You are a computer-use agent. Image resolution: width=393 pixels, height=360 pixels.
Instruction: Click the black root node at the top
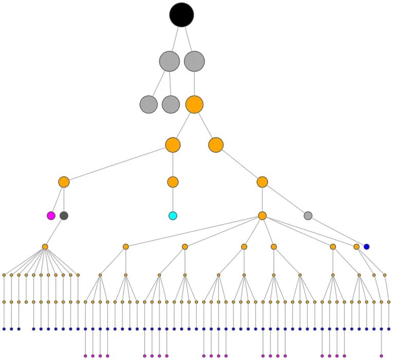(x=181, y=15)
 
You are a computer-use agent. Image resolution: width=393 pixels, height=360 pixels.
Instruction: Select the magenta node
(x=51, y=215)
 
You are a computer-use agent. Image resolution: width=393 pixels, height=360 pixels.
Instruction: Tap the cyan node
(x=173, y=215)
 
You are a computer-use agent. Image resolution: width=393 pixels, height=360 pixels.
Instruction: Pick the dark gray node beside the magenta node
(x=64, y=215)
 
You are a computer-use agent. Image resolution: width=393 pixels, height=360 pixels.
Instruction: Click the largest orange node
(x=194, y=104)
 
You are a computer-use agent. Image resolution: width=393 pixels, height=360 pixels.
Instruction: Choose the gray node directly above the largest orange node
(x=194, y=61)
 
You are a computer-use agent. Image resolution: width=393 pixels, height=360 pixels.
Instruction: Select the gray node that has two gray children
(x=170, y=61)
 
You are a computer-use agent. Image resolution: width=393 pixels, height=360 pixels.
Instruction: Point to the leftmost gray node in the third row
(x=148, y=104)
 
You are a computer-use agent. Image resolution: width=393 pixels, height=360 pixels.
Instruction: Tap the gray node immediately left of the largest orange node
(x=171, y=104)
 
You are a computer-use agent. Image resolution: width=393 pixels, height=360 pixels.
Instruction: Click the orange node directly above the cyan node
(x=173, y=182)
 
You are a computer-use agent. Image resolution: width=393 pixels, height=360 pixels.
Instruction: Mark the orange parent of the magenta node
(x=64, y=182)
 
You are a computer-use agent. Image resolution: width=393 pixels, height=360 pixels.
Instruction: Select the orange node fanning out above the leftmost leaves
(x=45, y=247)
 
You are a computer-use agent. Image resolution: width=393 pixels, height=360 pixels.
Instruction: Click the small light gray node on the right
(x=308, y=215)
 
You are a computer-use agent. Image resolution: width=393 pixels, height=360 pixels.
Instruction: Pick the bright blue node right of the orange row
(x=366, y=247)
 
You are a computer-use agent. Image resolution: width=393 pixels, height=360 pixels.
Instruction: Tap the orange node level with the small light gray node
(x=262, y=215)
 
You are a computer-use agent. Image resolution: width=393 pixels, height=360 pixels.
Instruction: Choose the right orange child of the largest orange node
(x=216, y=145)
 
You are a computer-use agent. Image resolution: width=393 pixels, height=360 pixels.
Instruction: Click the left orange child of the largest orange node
(x=173, y=145)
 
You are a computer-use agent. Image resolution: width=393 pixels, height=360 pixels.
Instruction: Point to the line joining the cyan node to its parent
(x=173, y=200)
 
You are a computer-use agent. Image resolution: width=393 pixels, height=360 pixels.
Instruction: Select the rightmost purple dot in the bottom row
(x=381, y=355)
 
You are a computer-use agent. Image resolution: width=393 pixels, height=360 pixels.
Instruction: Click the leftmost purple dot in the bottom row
(x=85, y=355)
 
